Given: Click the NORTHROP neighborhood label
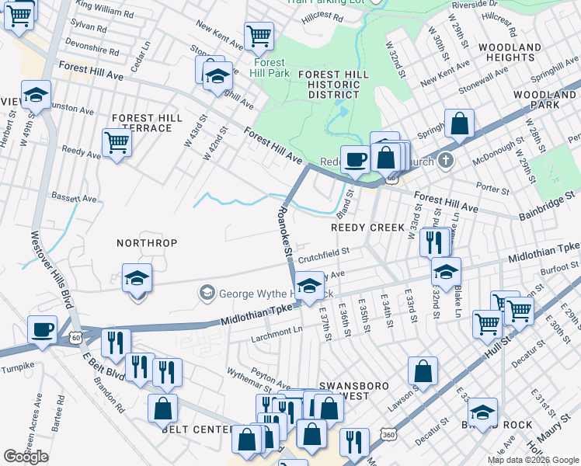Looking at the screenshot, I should coord(147,243).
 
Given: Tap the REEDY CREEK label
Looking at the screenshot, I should coord(368,228).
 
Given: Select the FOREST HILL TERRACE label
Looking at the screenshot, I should coord(147,123).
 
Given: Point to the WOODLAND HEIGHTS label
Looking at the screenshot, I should coord(509,53).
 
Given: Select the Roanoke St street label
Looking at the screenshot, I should coord(285,230).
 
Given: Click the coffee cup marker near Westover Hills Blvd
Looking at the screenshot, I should coord(42,329).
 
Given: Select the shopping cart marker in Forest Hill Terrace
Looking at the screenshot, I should coord(117,141).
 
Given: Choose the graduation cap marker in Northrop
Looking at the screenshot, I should coord(136,278).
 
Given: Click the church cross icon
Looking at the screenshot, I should coord(444,162).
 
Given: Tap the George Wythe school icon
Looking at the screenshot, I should coord(207,293).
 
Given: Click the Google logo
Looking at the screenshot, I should coord(26,457).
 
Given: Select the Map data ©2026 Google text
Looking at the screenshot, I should coord(532,460).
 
